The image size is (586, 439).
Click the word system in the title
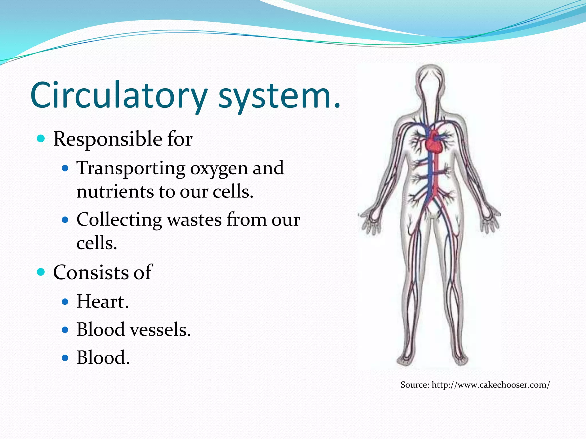[279, 95]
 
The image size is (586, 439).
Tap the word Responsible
[108, 139]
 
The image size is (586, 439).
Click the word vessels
[160, 330]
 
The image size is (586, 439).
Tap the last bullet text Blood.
[103, 358]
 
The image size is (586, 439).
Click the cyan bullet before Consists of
[41, 272]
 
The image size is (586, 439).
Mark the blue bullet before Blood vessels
[65, 330]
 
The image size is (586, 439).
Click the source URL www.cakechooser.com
[490, 385]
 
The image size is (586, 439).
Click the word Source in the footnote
[415, 385]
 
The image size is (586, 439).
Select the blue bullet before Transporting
[65, 168]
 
